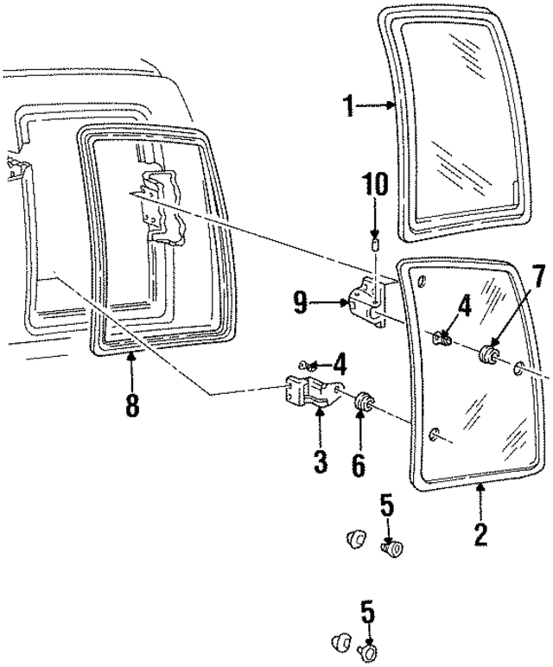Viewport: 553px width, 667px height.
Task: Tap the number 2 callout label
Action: pos(481,530)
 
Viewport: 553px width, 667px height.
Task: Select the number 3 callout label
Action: pos(321,461)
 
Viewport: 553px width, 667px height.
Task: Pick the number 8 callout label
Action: pos(131,404)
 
